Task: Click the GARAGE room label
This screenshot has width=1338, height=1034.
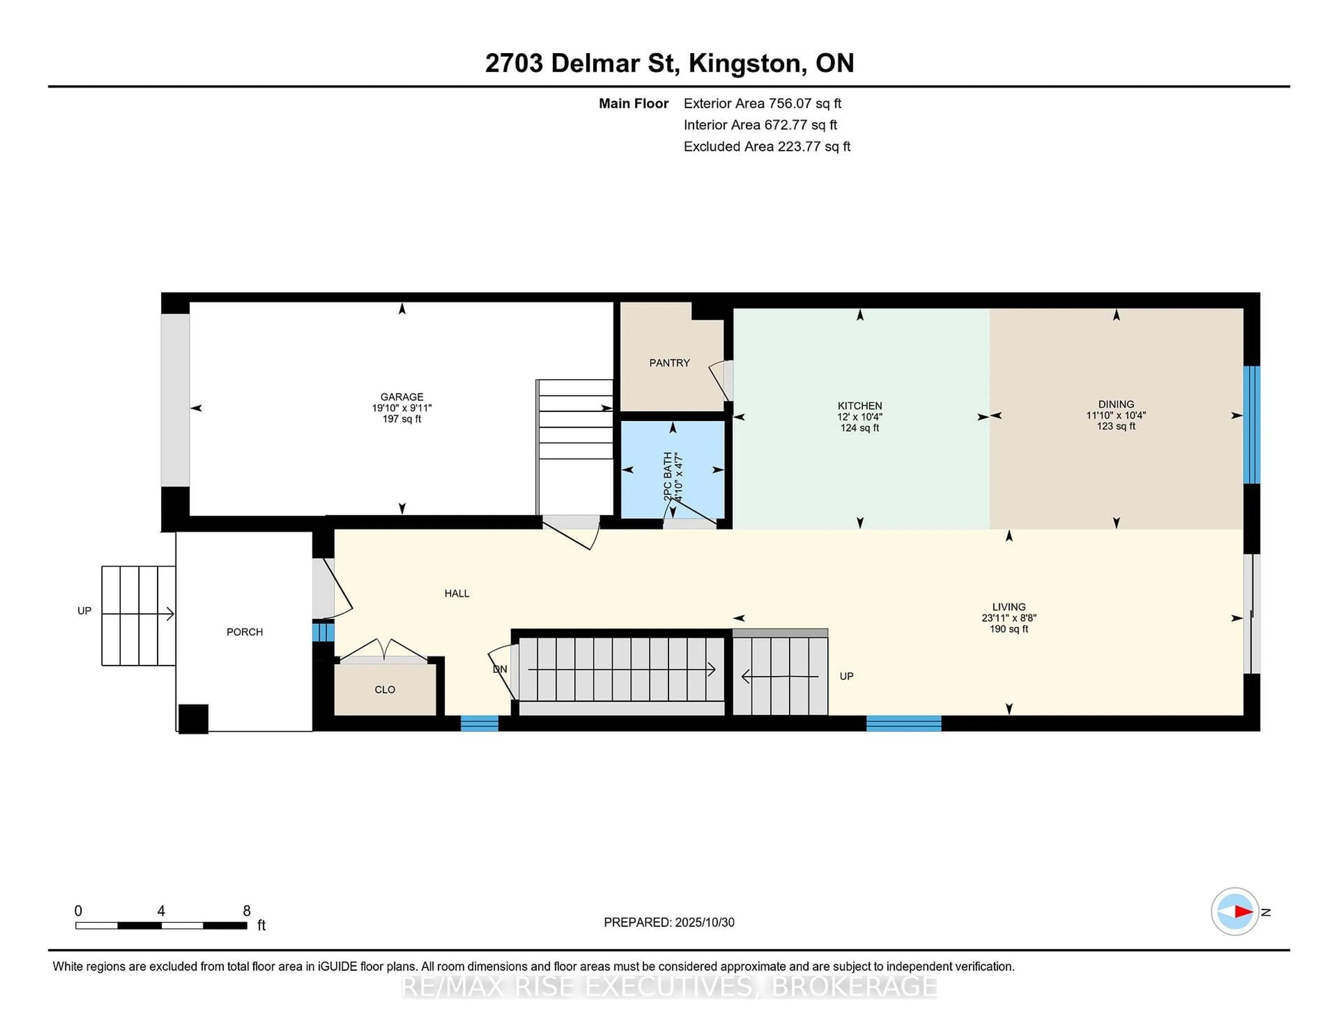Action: tap(401, 397)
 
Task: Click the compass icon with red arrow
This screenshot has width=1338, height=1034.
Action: tap(1235, 911)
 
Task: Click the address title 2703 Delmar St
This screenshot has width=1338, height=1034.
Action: tap(582, 63)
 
